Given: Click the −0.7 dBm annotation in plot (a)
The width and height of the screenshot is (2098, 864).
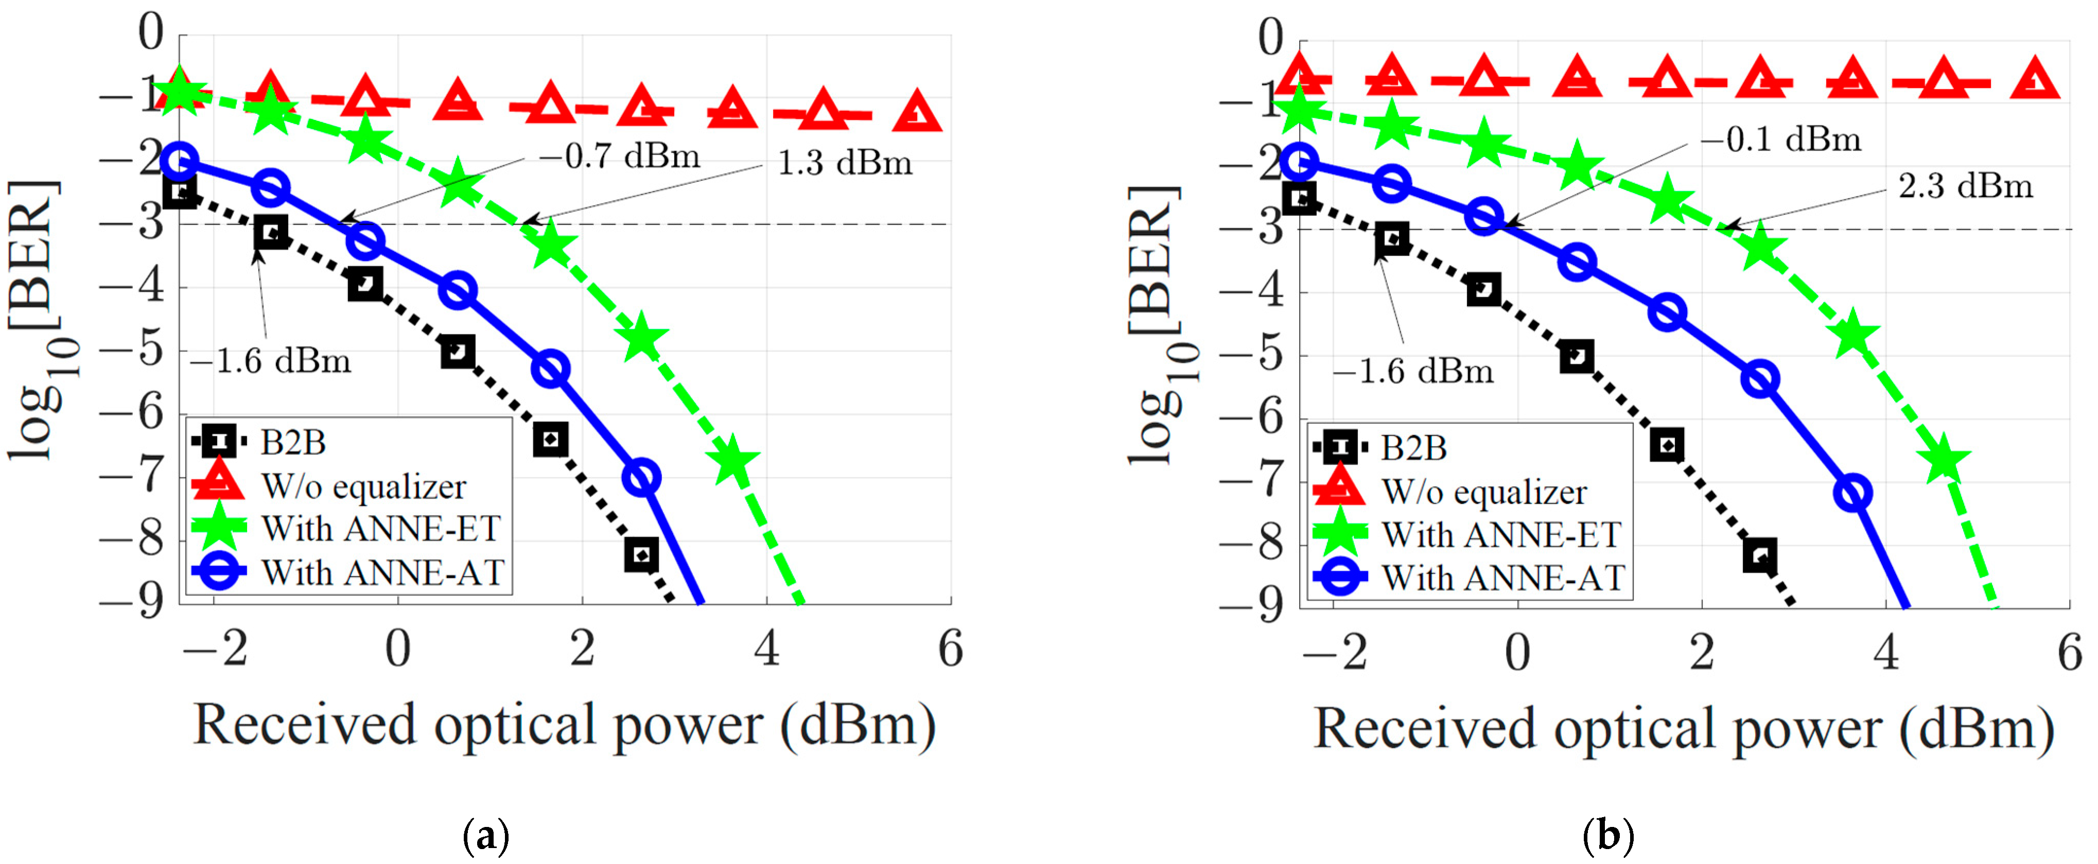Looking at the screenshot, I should click(x=620, y=155).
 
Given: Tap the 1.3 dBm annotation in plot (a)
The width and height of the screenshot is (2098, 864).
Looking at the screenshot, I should click(x=845, y=163).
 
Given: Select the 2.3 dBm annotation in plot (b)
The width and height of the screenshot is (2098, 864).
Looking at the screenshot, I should click(x=1965, y=186).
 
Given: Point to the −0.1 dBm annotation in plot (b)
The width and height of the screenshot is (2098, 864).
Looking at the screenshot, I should click(x=1781, y=139).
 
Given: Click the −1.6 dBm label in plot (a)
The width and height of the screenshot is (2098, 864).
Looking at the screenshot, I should click(x=271, y=361).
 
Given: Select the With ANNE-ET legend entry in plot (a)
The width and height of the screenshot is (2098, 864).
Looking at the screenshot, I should click(x=380, y=528).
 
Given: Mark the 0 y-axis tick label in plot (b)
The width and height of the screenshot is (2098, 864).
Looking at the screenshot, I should click(x=1270, y=38).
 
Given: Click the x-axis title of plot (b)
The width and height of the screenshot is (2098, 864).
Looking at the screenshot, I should click(x=1684, y=728).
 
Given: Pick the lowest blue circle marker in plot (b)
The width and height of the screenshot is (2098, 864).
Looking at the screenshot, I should click(x=1854, y=492).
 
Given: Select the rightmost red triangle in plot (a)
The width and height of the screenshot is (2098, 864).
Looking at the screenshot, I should click(x=917, y=113).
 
